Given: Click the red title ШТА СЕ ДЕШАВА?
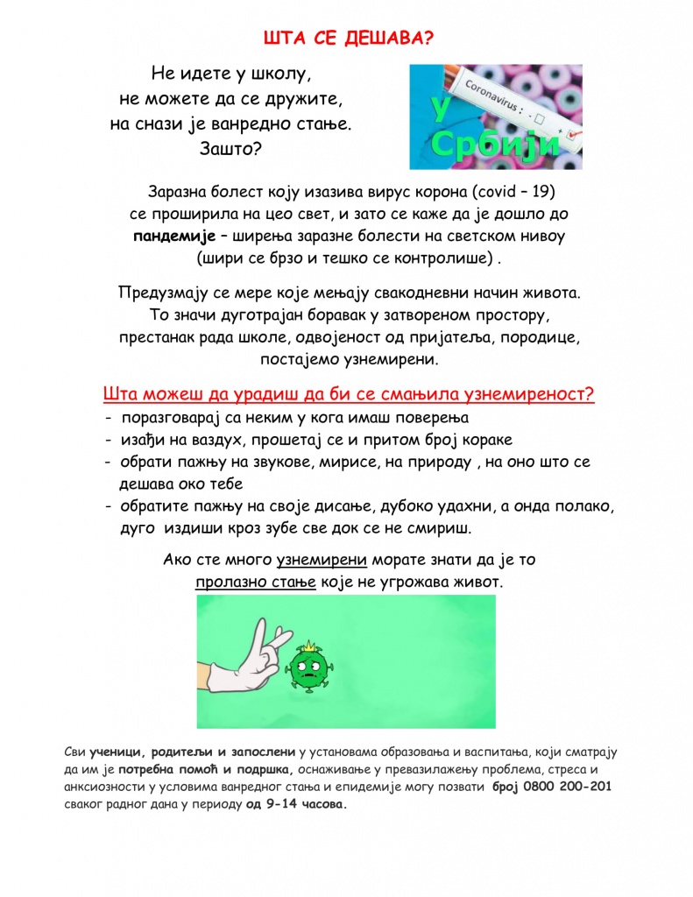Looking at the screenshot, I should (x=348, y=38).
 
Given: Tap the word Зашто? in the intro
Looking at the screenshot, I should (x=230, y=149).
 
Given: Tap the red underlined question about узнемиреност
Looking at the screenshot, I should (x=349, y=393).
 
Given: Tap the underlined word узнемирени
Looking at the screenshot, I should (x=321, y=559).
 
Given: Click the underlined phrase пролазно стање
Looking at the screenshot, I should (x=255, y=581).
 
